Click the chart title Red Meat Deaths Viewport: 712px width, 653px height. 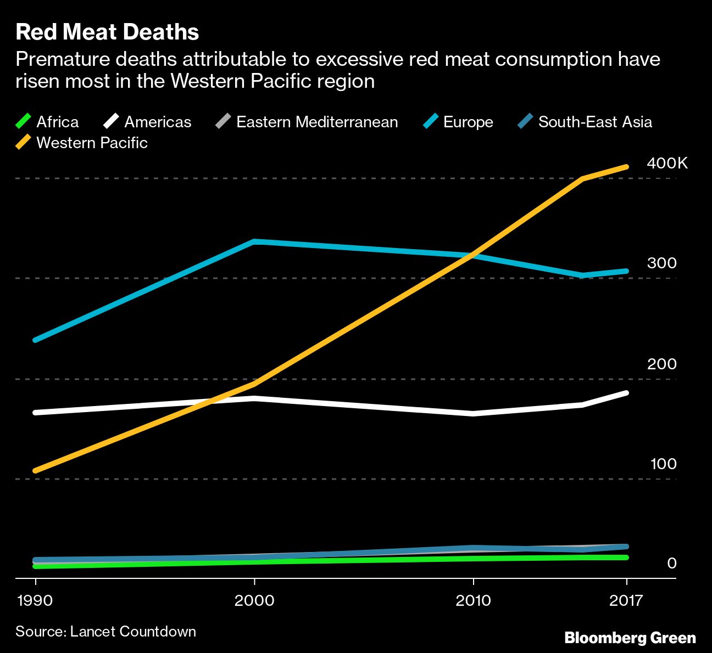coord(107,32)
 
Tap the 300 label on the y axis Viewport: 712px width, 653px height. coord(661,263)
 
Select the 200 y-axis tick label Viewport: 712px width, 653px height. coord(661,364)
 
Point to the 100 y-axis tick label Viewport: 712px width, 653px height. coord(663,464)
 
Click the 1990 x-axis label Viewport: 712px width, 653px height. coord(35,600)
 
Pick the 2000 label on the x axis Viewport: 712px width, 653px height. coord(254,600)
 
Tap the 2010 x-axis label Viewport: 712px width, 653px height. coord(473,600)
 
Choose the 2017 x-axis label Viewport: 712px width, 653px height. coord(626,600)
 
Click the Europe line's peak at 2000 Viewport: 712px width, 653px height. coord(254,241)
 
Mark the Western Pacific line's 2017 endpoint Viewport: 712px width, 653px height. coord(626,166)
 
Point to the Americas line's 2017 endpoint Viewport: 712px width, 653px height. coord(626,393)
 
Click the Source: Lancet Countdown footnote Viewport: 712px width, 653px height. coord(105,632)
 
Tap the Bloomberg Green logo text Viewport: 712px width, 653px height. coord(630,638)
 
